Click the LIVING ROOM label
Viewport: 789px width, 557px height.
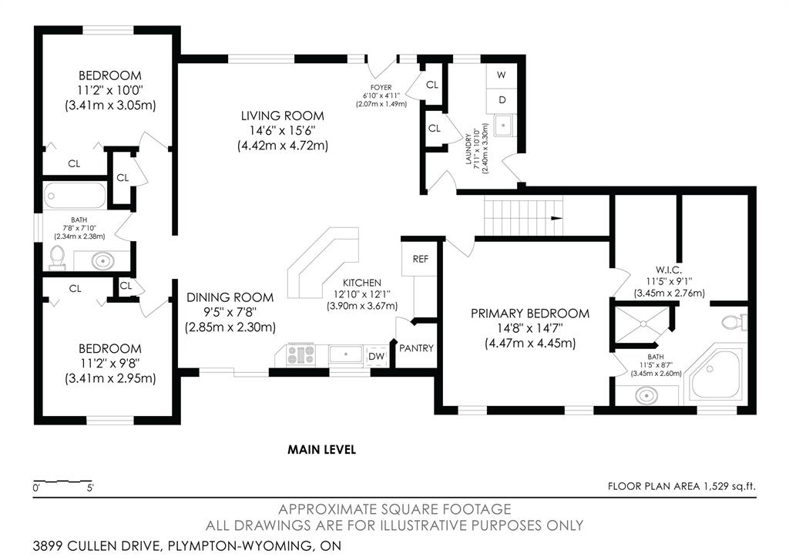click(282, 116)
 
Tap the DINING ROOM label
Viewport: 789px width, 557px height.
click(230, 297)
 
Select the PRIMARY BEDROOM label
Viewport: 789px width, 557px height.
click(530, 314)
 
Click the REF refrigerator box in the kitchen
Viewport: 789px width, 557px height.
click(420, 259)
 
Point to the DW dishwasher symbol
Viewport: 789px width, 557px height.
click(376, 356)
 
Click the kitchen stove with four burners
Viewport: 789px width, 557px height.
click(301, 354)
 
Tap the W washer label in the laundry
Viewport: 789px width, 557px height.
click(501, 75)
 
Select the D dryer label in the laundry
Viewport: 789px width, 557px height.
click(502, 100)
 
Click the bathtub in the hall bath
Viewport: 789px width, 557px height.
click(75, 196)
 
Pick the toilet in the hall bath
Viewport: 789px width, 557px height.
click(57, 257)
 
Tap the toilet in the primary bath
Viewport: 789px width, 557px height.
click(734, 322)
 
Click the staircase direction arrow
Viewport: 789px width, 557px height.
click(556, 218)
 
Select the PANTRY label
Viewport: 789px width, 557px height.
click(416, 348)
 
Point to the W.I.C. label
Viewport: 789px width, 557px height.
click(669, 270)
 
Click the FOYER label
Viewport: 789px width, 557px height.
click(381, 88)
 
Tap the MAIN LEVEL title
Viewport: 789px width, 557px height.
click(321, 449)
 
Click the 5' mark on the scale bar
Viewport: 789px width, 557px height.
click(91, 488)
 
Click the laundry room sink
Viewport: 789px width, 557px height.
click(504, 126)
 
